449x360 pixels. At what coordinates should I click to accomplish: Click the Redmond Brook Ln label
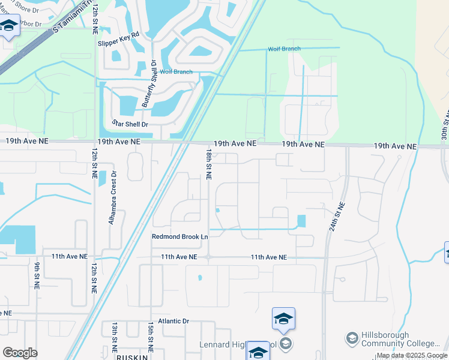179,237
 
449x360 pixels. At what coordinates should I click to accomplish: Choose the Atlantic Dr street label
170,322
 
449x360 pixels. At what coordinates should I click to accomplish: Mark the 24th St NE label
339,202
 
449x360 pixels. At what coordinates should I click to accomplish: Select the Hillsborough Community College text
400,339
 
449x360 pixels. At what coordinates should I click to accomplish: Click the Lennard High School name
237,344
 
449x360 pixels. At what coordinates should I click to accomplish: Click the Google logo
20,353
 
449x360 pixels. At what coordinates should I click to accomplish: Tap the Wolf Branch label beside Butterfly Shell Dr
176,72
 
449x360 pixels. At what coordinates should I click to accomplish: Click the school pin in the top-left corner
9,26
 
